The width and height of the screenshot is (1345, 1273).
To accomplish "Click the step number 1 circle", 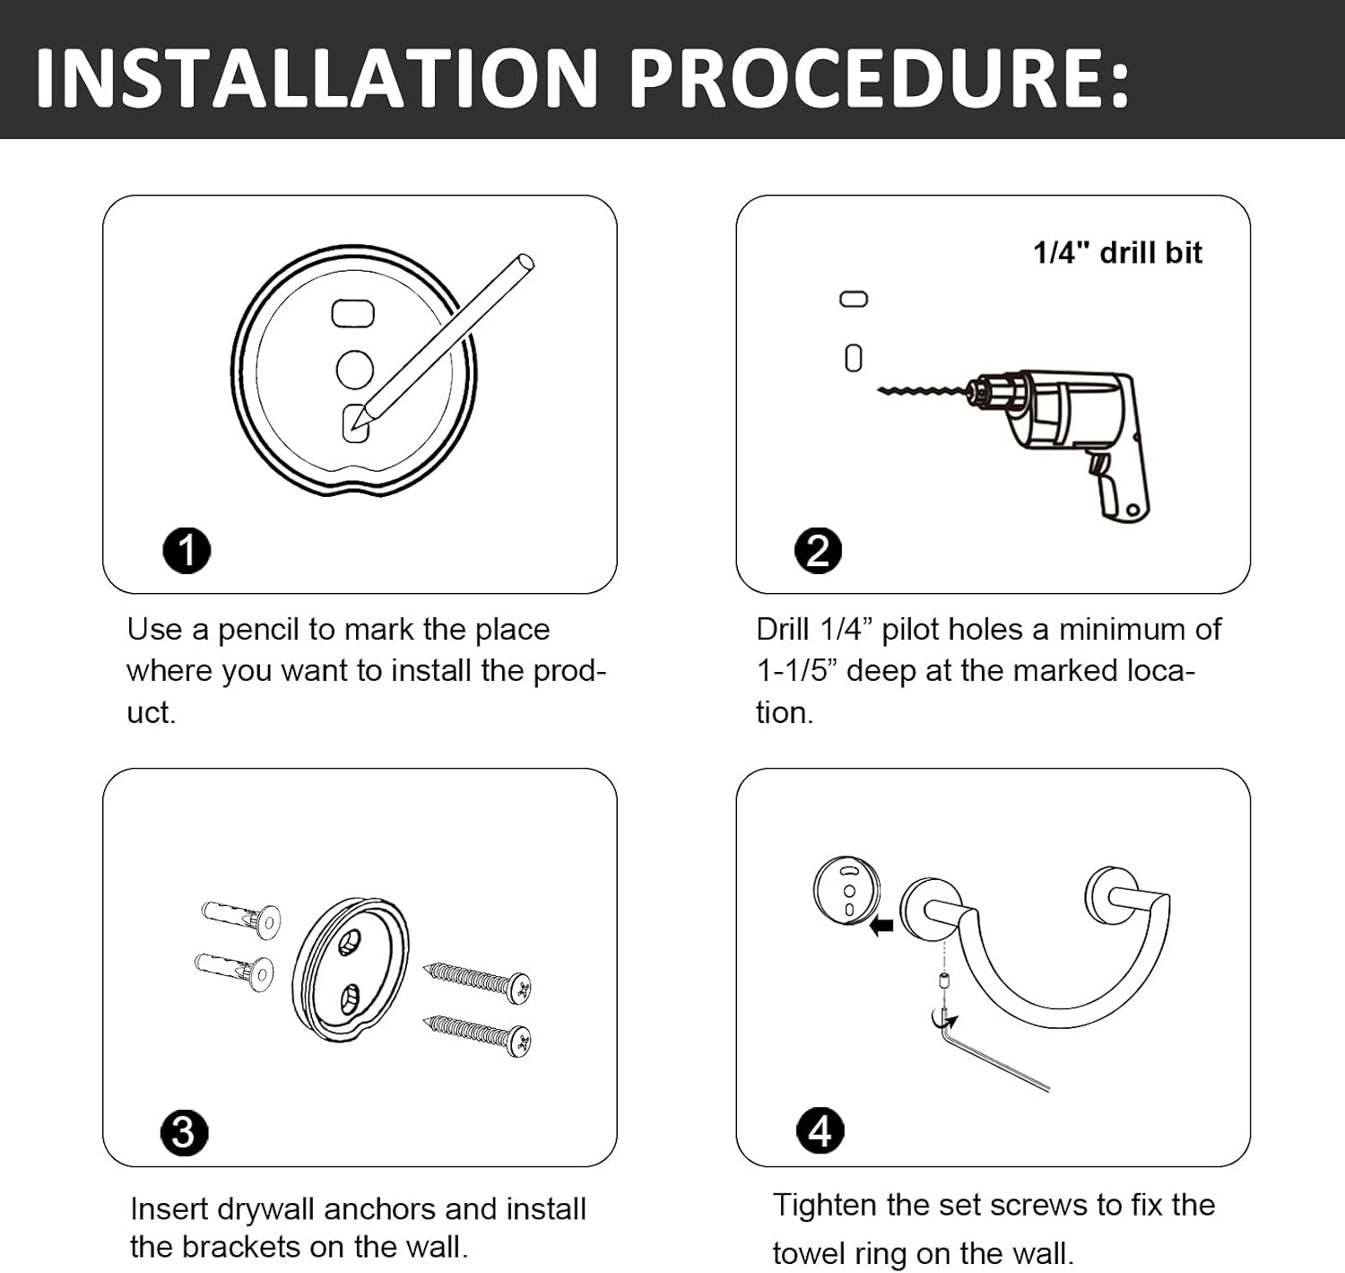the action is click(187, 550).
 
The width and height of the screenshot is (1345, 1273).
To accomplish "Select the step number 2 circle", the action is click(819, 550).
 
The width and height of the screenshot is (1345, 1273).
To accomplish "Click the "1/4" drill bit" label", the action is click(1117, 253).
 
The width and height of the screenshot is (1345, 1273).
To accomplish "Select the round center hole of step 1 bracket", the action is click(355, 370).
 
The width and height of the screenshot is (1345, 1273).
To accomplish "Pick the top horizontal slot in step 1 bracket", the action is click(353, 313).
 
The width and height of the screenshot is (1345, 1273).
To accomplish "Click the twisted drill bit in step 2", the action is click(924, 391).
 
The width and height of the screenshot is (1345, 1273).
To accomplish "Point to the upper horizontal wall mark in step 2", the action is click(853, 299).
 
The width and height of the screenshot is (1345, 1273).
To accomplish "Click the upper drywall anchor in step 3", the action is click(241, 917).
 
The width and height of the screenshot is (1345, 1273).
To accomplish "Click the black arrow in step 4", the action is click(881, 926).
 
